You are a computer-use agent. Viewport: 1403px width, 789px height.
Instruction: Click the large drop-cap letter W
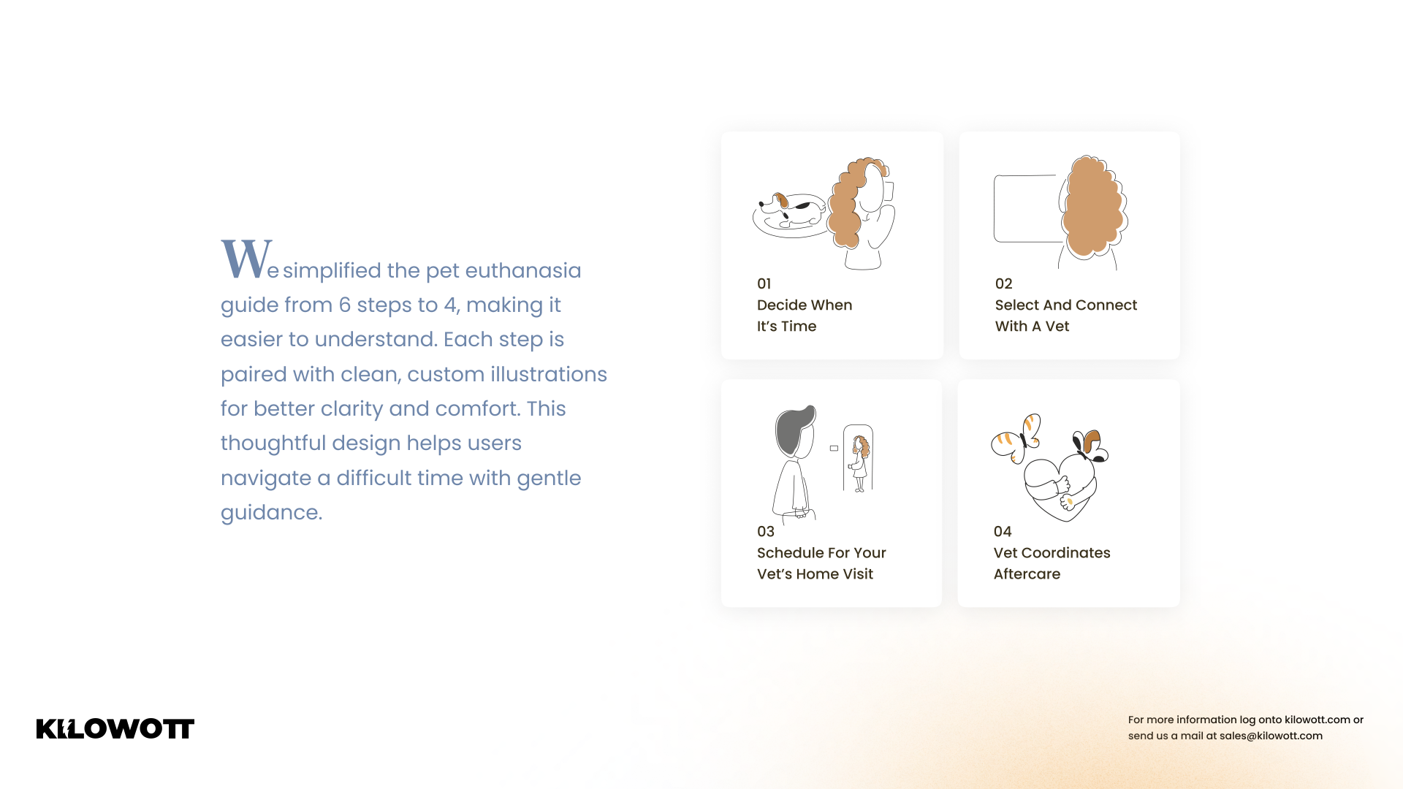click(x=247, y=259)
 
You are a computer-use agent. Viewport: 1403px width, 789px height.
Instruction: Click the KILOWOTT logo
click(x=115, y=728)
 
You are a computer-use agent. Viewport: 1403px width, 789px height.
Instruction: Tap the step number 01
click(x=764, y=283)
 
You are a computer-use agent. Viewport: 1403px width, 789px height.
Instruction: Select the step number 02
click(x=1003, y=283)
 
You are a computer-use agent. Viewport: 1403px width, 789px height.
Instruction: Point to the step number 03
click(x=765, y=531)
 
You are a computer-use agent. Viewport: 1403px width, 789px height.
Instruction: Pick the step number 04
click(x=1003, y=531)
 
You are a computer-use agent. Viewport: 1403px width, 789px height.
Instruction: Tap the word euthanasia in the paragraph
click(x=523, y=270)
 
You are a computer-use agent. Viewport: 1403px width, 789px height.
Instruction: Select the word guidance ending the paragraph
click(x=271, y=513)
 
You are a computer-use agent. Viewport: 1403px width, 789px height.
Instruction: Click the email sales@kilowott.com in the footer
click(x=1271, y=736)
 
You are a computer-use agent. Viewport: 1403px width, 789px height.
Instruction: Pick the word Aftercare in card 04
click(x=1027, y=574)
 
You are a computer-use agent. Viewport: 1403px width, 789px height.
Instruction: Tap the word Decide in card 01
click(x=781, y=305)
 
